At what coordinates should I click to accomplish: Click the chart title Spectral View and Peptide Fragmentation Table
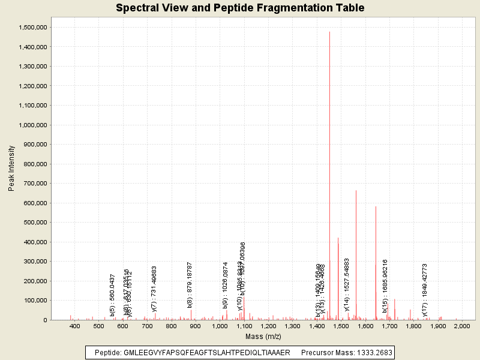pos(240,8)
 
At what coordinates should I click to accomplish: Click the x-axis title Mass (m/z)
pos(263,336)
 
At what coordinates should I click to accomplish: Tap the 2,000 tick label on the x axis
pos(462,326)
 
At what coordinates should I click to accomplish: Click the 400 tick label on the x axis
pos(75,326)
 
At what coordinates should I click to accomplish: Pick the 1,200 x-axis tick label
pos(268,326)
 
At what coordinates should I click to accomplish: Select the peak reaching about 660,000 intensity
pos(356,191)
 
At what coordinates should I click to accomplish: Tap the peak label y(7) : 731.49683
pos(154,289)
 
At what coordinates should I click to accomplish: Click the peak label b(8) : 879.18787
pos(190,285)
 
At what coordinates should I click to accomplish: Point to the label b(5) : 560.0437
pos(112,295)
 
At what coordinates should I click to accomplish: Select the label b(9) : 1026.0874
pos(226,285)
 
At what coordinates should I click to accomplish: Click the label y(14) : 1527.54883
pos(347,284)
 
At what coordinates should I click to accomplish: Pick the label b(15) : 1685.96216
pos(385,286)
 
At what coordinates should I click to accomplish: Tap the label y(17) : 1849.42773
pos(425,289)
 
